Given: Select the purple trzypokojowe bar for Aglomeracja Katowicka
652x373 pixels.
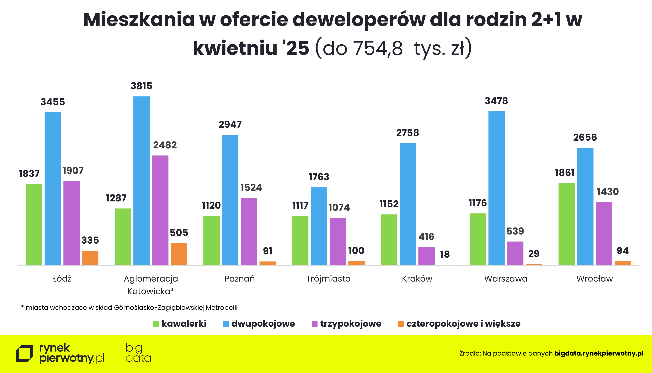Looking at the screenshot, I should click(160, 210).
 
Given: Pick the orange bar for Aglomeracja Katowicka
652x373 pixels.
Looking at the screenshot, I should click(179, 254).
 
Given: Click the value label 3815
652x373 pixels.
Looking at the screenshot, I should click(141, 86).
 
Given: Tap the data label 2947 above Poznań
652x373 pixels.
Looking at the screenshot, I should click(230, 125).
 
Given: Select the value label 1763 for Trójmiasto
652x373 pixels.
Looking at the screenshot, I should click(319, 177).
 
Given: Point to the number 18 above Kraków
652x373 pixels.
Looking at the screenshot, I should click(445, 254).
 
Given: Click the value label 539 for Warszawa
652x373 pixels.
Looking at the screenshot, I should click(515, 231).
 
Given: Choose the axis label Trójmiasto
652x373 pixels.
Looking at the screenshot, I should click(328, 279).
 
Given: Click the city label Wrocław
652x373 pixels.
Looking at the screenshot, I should click(594, 279).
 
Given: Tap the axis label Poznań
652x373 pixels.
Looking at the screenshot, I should click(239, 279).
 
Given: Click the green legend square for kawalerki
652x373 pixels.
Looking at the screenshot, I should click(156, 324).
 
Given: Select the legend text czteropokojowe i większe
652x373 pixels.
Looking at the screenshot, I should click(463, 324).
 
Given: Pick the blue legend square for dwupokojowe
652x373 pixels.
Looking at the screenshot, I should click(226, 324).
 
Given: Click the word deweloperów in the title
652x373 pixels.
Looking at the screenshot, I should click(359, 20).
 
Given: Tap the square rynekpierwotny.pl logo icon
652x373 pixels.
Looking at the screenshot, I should click(24, 354).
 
